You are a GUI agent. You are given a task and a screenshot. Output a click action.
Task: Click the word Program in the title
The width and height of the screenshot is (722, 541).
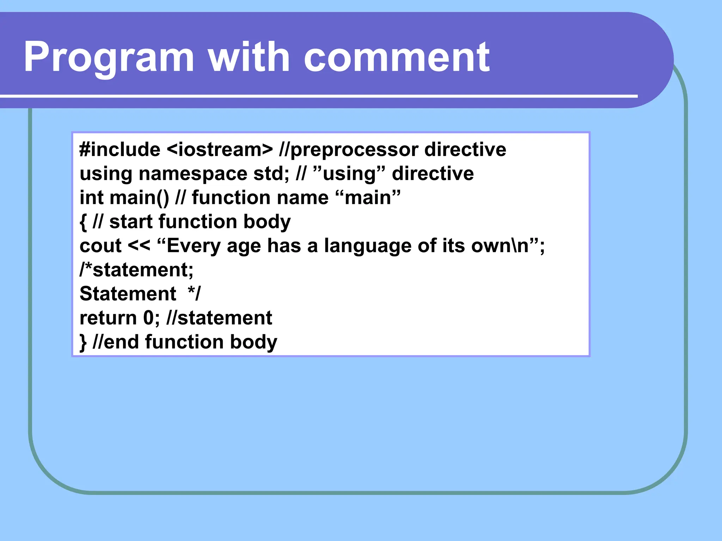109,57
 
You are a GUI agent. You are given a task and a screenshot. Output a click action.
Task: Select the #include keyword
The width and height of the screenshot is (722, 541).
120,150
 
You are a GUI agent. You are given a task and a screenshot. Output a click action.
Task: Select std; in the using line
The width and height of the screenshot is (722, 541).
271,174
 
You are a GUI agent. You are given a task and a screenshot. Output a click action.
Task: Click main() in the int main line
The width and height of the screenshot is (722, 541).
139,198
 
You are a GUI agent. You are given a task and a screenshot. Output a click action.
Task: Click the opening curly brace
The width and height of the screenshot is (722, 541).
83,222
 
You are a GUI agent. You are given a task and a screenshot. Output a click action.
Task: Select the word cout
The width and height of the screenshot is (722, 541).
100,246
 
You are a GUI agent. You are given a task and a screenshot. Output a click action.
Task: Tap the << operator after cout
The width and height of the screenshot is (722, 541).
139,246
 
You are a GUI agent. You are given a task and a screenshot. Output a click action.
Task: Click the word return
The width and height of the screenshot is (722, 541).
108,318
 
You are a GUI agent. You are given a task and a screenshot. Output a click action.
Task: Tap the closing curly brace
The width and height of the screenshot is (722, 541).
83,342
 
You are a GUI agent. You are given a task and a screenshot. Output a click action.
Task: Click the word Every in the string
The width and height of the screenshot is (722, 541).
194,246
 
